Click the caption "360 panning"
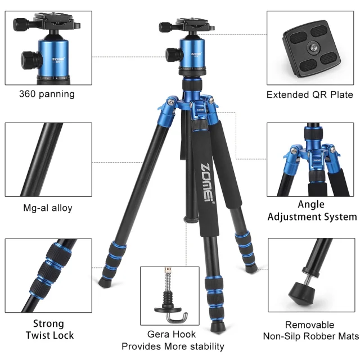[x=47, y=94]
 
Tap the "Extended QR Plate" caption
[x=309, y=94]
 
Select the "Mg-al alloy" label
[x=47, y=208]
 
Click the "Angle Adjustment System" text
[x=312, y=211]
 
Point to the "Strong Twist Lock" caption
[x=48, y=330]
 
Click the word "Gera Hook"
[x=172, y=334]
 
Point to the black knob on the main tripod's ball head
[x=172, y=54]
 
